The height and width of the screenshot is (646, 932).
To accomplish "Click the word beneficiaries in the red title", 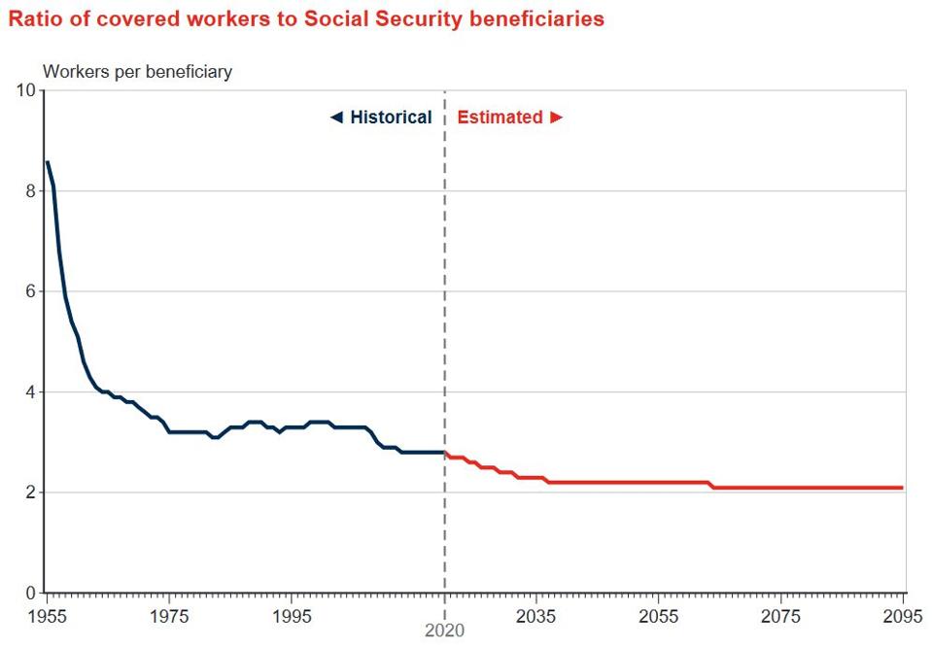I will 536,18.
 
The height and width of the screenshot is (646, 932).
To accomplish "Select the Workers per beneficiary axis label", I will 137,72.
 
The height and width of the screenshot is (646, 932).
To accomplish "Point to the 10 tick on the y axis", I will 26,91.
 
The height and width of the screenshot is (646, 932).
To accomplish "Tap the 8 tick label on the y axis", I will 30,191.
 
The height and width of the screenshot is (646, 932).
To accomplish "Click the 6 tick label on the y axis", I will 30,291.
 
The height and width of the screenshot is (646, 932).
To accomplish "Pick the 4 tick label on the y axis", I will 30,392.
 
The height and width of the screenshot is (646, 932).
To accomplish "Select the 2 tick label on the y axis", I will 30,493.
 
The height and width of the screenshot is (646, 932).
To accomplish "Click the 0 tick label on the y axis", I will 30,593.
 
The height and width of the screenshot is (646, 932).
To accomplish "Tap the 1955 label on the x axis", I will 47,615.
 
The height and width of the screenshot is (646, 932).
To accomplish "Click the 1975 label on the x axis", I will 169,615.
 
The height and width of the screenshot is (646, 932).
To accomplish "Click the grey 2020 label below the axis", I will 445,630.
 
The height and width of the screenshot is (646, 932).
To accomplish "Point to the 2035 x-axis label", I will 536,615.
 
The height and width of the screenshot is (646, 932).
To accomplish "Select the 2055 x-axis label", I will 659,615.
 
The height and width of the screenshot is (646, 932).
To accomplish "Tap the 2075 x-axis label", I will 781,615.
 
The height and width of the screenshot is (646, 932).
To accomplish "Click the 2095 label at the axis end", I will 902,615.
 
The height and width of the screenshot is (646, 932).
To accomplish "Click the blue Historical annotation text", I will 390,118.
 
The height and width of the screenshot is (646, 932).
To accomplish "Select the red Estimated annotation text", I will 500,118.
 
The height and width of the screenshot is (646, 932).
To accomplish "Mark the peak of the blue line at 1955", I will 47,162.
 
